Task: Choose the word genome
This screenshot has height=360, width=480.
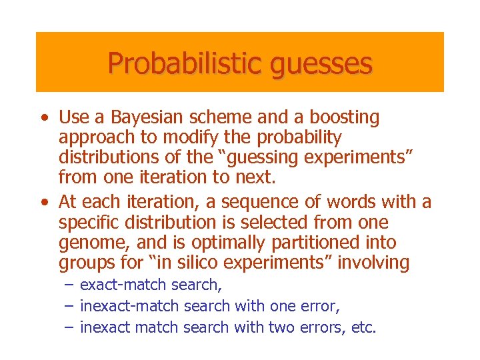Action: coord(88,243)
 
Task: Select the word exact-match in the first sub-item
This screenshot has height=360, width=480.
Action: coord(123,286)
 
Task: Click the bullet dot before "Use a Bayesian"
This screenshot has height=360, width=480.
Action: coord(43,119)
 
